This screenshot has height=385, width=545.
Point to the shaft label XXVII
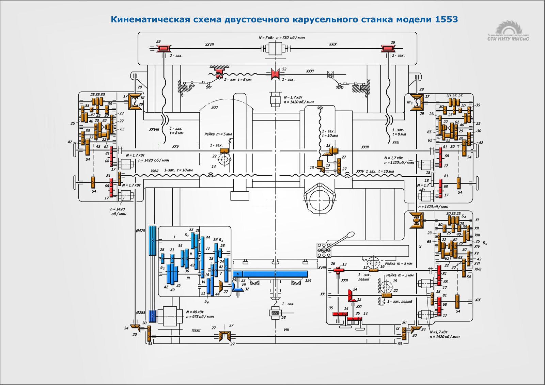209,45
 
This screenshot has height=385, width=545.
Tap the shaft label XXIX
332,44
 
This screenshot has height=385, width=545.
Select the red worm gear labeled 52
275,74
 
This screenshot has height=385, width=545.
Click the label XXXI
310,71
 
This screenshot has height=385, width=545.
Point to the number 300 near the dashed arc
214,107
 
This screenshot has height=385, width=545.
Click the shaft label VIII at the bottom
286,330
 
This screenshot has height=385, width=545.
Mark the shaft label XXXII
196,330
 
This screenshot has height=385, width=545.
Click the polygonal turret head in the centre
320,198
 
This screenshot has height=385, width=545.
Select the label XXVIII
154,129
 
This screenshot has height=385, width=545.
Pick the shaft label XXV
175,146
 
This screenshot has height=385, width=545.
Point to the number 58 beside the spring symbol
283,317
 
